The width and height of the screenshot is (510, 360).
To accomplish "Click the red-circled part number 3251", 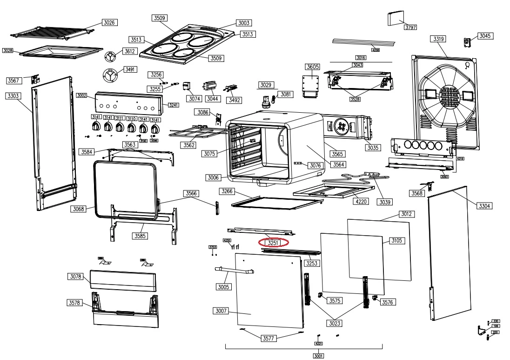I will [x=274, y=243].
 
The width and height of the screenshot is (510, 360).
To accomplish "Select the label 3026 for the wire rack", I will [x=110, y=22].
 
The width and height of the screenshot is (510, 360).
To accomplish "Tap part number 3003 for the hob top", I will [x=244, y=23].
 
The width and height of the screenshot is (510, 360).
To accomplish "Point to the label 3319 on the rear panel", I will [x=438, y=39].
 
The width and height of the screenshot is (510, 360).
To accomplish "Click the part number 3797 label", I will [x=410, y=27].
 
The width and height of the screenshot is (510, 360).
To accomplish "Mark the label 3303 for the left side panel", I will [x=13, y=96].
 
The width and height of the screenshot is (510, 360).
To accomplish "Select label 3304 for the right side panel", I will [x=485, y=206].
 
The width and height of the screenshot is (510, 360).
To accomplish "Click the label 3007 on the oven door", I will [x=221, y=311].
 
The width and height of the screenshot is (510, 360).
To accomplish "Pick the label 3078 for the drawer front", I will [x=75, y=277].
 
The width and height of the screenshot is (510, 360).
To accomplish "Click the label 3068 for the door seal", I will [x=79, y=209].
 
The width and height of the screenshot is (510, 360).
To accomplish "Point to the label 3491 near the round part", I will [x=130, y=70].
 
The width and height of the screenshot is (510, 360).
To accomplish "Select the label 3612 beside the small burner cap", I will [x=129, y=51].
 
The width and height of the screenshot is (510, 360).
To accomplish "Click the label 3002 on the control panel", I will [x=82, y=95].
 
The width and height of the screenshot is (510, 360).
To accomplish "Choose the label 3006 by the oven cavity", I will [x=214, y=177].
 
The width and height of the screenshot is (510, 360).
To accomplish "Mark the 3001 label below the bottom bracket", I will [x=318, y=356].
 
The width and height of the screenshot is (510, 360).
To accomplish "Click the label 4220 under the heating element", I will [x=360, y=202].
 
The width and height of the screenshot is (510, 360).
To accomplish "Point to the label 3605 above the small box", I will [x=313, y=67].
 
